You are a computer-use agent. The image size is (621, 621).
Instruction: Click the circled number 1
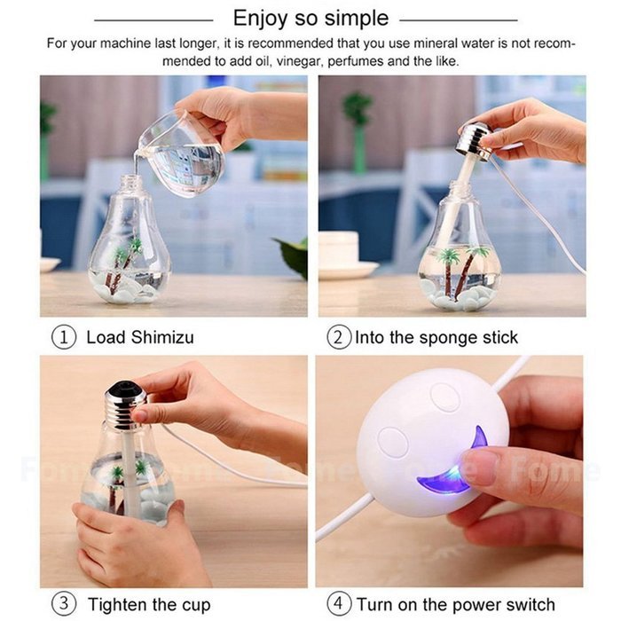[64, 337]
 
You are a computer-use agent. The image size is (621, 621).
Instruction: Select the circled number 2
[338, 337]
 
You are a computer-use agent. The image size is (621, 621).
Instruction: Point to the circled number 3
[64, 605]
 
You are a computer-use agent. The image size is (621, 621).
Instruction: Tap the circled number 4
[338, 605]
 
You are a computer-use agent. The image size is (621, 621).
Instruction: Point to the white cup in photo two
[336, 255]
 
